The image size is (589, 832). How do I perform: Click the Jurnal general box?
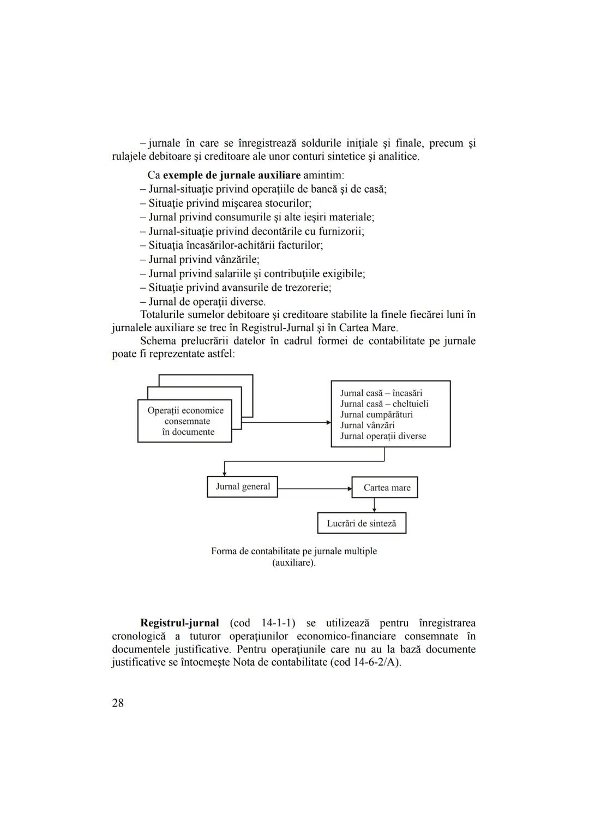[x=243, y=487]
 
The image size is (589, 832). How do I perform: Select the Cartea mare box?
[x=385, y=488]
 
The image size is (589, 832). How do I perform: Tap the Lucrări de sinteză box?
[x=362, y=524]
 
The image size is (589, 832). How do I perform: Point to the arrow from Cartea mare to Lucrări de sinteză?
[x=374, y=505]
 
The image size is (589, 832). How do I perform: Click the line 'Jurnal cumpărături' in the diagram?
[x=376, y=415]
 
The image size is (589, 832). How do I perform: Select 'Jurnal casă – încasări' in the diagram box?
[x=381, y=393]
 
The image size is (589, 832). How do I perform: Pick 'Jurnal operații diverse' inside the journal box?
[x=383, y=436]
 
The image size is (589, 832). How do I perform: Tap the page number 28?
[x=118, y=703]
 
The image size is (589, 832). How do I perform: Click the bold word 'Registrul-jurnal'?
[x=179, y=623]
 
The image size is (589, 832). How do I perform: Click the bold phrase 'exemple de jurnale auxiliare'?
[x=232, y=176]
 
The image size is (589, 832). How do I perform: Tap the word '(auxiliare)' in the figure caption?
[x=293, y=562]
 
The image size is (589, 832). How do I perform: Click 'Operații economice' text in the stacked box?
[x=185, y=411]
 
